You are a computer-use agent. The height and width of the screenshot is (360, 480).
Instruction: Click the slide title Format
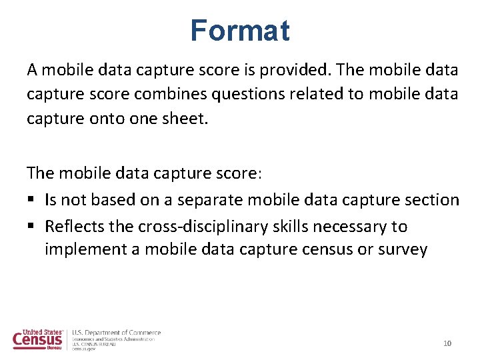(x=239, y=31)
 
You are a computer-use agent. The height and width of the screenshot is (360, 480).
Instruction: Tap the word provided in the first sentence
(x=299, y=69)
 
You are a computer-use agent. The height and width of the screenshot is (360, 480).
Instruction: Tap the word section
(x=434, y=200)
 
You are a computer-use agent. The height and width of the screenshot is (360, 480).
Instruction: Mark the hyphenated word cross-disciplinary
(x=199, y=227)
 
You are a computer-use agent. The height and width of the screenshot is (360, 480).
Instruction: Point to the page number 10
(x=447, y=343)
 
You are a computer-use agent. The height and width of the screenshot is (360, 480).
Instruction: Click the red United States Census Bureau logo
(x=39, y=339)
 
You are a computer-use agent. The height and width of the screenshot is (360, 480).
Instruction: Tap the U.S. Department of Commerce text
(x=116, y=333)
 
